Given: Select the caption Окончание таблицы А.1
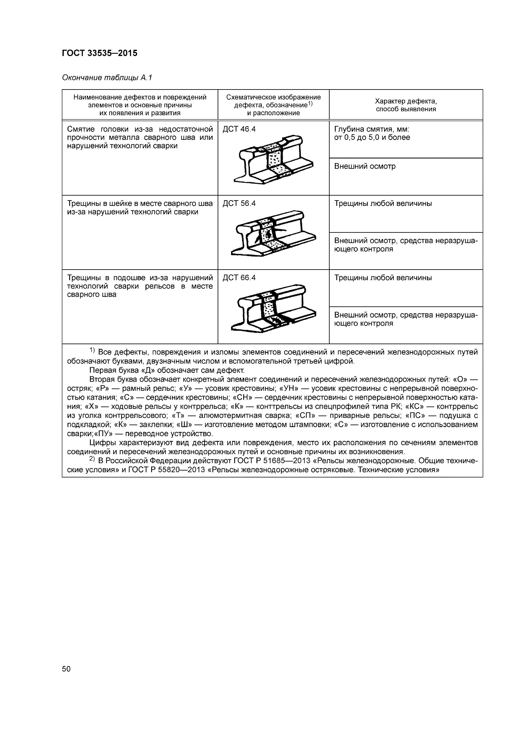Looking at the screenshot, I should (x=107, y=78).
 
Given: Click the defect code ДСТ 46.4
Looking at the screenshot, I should (x=239, y=129).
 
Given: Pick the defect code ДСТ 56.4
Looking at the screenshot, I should (x=239, y=204).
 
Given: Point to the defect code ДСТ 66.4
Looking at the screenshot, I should (x=239, y=278).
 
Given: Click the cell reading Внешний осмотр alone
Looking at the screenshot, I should (x=365, y=166).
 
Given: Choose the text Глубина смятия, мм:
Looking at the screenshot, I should (x=372, y=129).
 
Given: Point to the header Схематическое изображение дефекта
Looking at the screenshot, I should (x=273, y=101).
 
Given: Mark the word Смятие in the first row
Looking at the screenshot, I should (x=81, y=129).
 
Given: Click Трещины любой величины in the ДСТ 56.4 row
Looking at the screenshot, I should (x=383, y=204).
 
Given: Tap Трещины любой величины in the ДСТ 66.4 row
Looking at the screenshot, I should (x=383, y=278).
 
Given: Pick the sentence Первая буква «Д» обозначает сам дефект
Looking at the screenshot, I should (x=167, y=371).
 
